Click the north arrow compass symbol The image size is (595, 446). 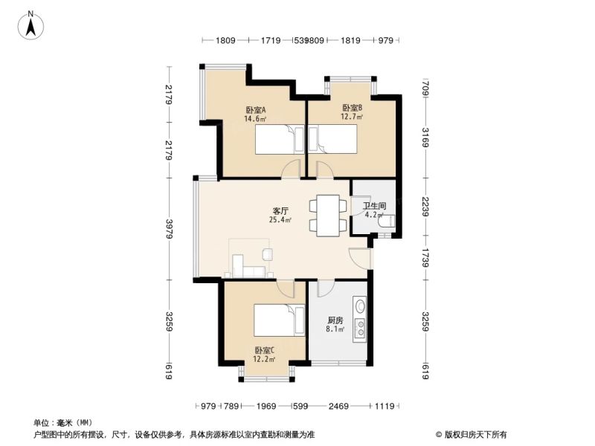(x=30, y=25)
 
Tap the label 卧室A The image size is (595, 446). (x=255, y=110)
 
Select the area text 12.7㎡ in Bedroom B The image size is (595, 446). (x=352, y=117)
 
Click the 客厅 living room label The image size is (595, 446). (x=280, y=210)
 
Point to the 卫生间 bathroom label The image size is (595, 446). (x=375, y=206)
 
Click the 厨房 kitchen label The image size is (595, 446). (x=335, y=320)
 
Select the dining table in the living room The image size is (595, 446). (x=328, y=216)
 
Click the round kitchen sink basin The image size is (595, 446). (x=360, y=306)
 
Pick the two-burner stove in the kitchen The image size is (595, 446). (x=360, y=329)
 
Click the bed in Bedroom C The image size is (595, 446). (x=280, y=320)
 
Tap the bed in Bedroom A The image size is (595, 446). (x=280, y=140)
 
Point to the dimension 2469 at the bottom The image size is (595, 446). (x=338, y=406)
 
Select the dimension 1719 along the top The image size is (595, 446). (x=271, y=40)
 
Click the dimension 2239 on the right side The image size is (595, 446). (x=425, y=207)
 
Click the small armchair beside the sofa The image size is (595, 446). (x=267, y=254)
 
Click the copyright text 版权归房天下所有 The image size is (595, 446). (x=471, y=435)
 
